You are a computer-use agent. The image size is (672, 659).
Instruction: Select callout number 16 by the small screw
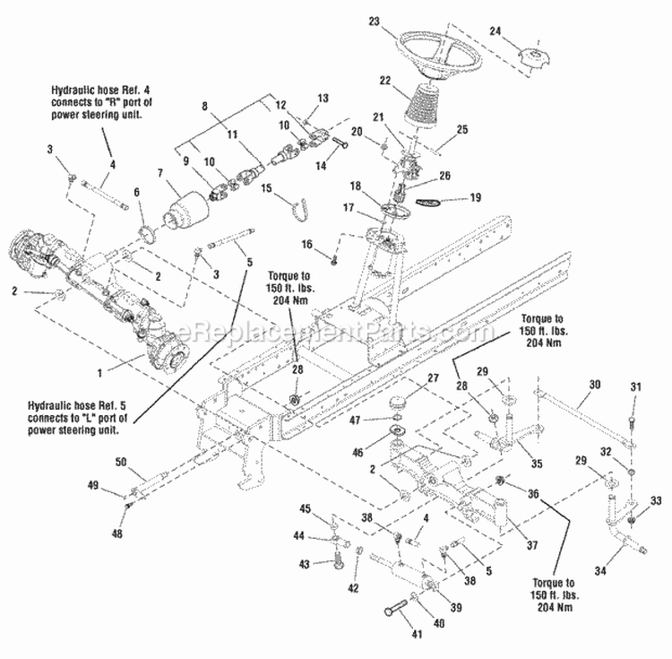[306, 244]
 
